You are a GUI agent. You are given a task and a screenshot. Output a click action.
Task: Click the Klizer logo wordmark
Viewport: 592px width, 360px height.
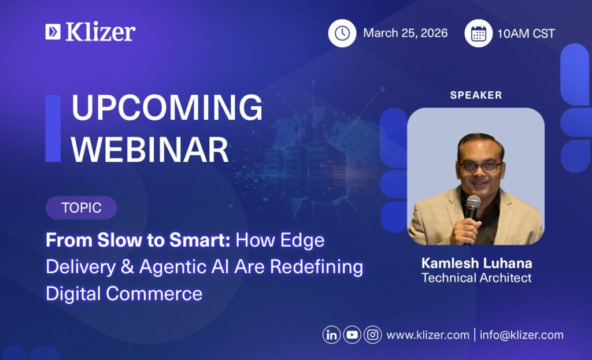coord(99,32)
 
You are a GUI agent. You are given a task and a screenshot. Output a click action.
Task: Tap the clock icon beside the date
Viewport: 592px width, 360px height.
coord(342,34)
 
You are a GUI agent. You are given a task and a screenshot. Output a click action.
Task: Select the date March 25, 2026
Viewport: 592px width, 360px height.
coord(405,33)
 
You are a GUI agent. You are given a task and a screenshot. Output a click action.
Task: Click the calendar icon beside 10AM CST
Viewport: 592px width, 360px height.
coord(478,34)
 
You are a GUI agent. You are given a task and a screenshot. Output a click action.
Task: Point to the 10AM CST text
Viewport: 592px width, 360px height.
coord(526,34)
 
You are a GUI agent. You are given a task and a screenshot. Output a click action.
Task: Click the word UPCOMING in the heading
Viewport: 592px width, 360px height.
coord(166,108)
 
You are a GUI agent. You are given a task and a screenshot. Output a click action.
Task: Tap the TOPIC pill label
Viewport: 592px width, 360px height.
coord(81,208)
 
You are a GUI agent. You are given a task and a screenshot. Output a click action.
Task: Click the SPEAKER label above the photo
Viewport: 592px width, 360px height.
coord(476,95)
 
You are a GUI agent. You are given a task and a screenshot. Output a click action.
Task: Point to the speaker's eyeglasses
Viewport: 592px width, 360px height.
coord(479,167)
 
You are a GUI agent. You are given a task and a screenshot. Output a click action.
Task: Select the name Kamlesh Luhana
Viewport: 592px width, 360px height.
coord(476,263)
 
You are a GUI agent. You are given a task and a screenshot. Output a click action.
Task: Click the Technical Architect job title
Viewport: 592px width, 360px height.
coord(476,278)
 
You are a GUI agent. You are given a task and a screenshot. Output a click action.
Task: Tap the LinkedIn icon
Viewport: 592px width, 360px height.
coord(331,335)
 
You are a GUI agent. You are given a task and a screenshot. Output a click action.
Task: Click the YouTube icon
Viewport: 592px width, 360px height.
coord(352,335)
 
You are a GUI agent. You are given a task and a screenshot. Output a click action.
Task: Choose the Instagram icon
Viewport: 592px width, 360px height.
coord(373,335)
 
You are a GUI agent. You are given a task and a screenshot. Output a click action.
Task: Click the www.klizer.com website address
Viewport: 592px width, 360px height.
coord(428,335)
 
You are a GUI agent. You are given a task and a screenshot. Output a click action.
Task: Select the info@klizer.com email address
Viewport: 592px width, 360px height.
coord(521,335)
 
